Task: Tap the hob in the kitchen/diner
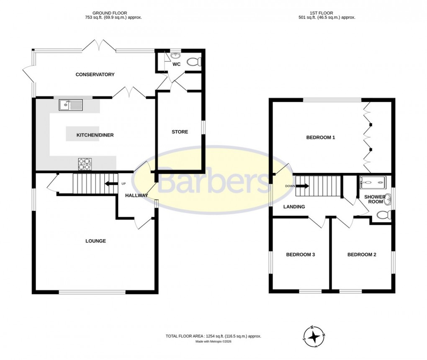(x=85, y=164)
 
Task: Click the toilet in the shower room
(x=383, y=215)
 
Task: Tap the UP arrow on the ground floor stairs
(x=111, y=183)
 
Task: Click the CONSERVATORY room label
(x=95, y=75)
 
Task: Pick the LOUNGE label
(x=95, y=241)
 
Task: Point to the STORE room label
(x=180, y=132)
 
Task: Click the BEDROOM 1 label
(x=321, y=137)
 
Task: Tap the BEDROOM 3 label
(x=300, y=255)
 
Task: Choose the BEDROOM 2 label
(x=362, y=255)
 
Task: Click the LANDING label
(x=294, y=207)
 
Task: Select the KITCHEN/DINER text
(x=95, y=135)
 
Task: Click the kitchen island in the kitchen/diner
(x=82, y=134)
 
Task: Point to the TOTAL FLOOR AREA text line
(x=213, y=336)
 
